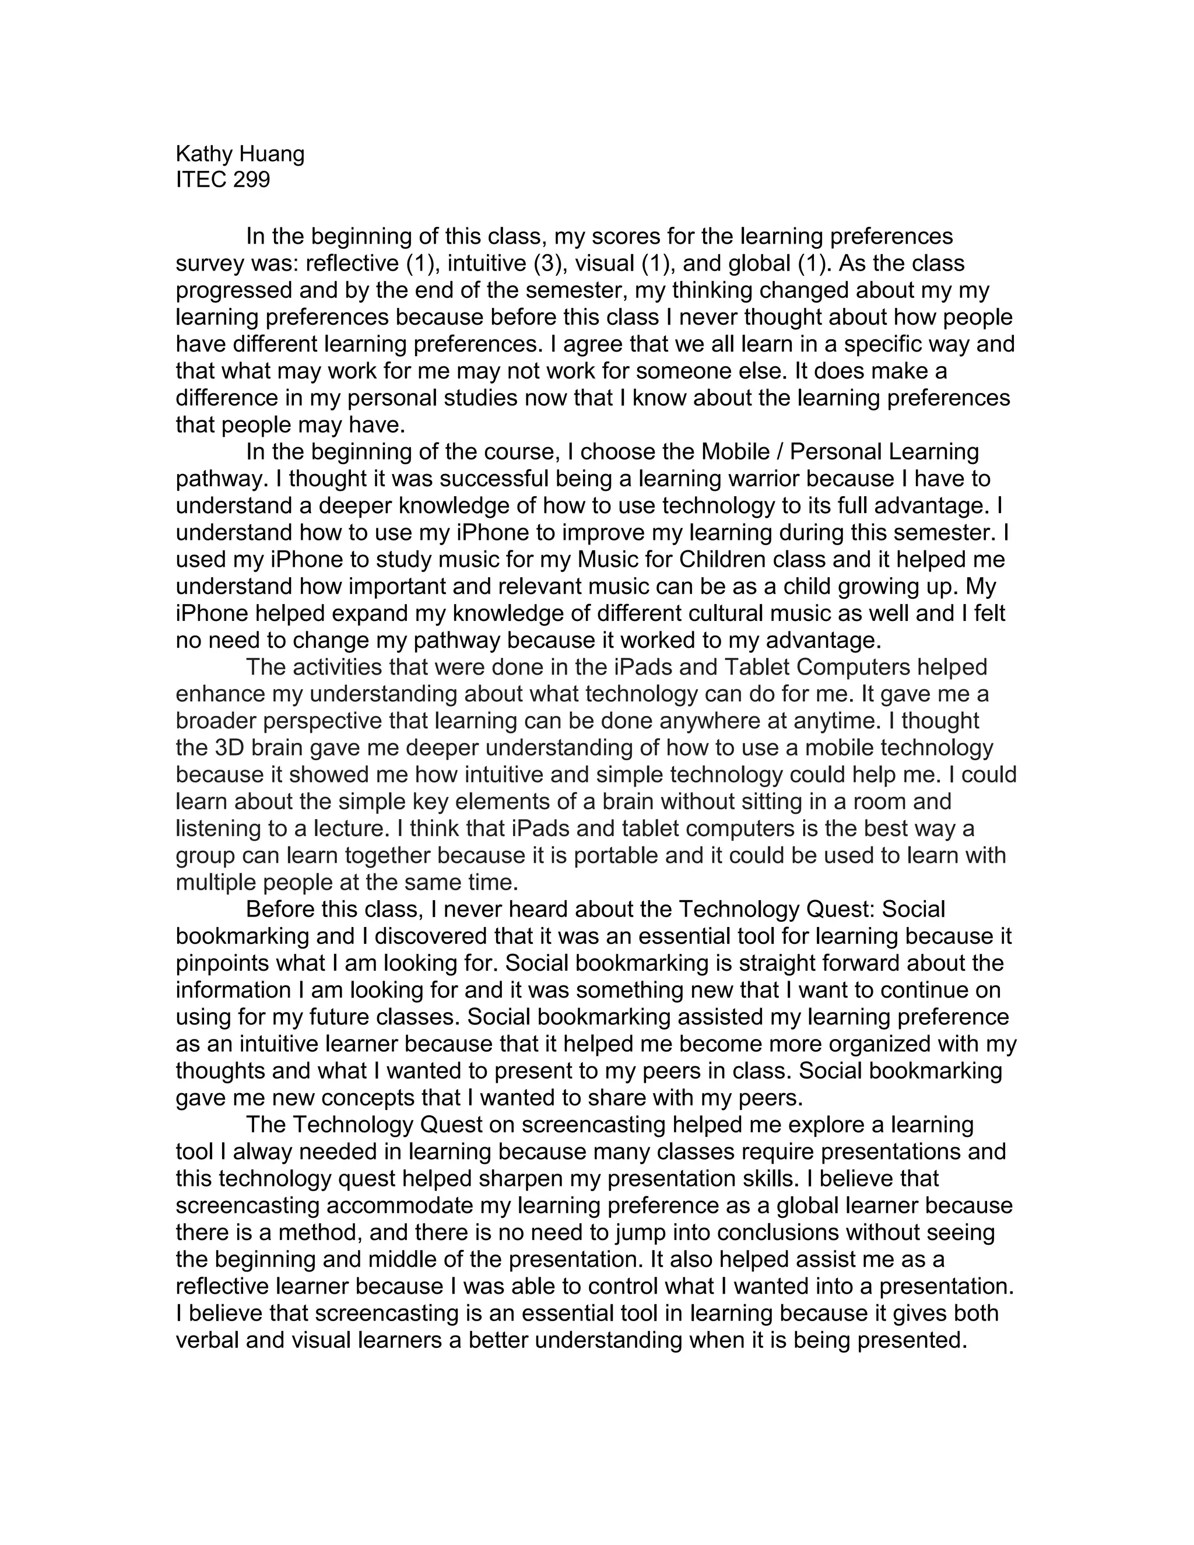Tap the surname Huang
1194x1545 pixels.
click(272, 154)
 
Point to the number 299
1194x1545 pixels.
click(251, 180)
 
